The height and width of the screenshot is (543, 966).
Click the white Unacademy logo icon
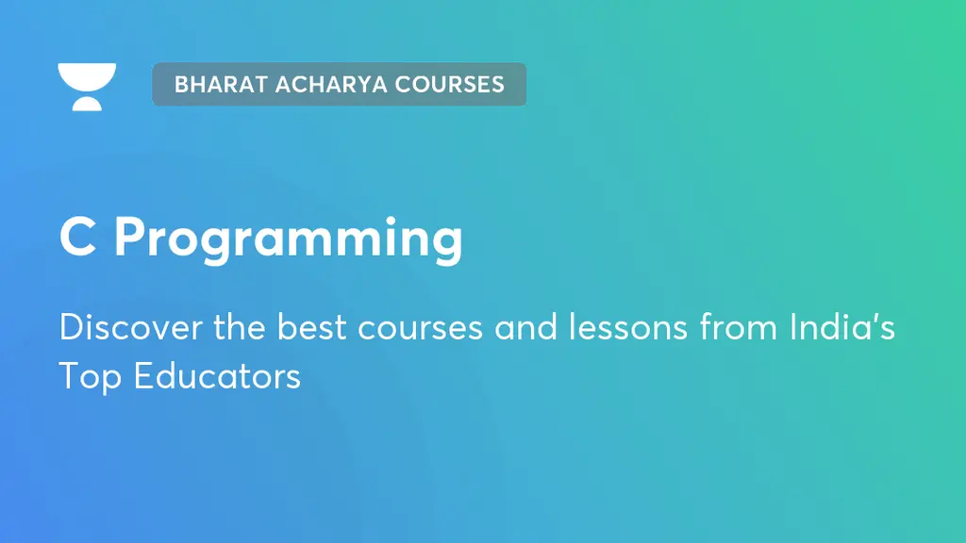click(x=87, y=86)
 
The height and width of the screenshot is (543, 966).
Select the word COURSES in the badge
click(x=450, y=84)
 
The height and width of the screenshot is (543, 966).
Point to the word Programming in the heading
click(x=289, y=240)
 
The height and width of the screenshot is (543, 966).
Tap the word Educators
click(x=216, y=376)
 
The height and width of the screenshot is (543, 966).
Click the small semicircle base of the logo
click(x=87, y=103)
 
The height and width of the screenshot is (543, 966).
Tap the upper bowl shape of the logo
click(x=87, y=75)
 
